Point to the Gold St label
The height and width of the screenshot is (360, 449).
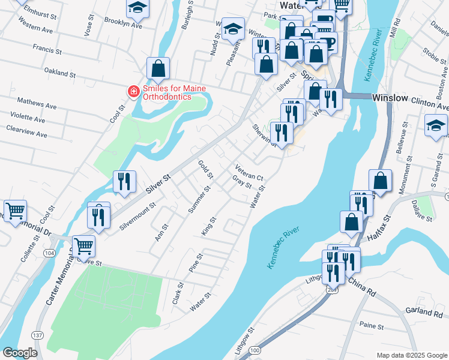pyautogui.click(x=206, y=169)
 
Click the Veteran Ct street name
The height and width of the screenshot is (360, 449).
pyautogui.click(x=249, y=173)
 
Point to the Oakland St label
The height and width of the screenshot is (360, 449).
pyautogui.click(x=60, y=72)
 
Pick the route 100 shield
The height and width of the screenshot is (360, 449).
pyautogui.click(x=256, y=350)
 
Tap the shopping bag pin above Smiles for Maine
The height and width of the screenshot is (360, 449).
pyautogui.click(x=158, y=69)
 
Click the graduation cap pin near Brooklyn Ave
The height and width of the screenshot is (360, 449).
pyautogui.click(x=137, y=8)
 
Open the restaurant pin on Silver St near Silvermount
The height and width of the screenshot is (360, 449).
pyautogui.click(x=124, y=181)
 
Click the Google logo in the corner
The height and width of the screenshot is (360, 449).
pyautogui.click(x=20, y=353)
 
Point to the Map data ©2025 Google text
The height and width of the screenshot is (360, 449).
pyautogui.click(x=411, y=355)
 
